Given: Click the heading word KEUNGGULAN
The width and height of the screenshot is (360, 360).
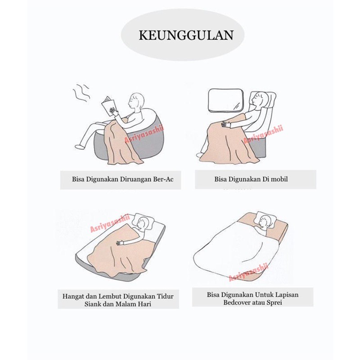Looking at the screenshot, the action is click(186, 35).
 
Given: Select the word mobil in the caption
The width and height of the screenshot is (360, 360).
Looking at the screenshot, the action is click(279, 179).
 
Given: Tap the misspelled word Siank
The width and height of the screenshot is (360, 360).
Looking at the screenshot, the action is click(93, 304).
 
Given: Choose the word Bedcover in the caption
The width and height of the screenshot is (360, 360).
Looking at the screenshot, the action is click(237, 302).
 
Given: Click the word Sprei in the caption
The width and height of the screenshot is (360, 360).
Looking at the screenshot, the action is click(274, 302).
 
